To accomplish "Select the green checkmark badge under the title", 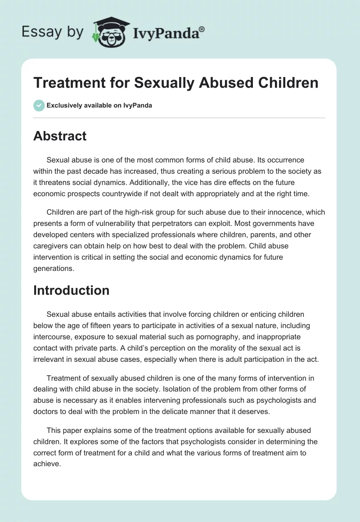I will click(39, 106).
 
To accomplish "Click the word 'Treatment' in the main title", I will click(69, 83).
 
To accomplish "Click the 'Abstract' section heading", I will click(60, 136).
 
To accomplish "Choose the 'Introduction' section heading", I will click(71, 290).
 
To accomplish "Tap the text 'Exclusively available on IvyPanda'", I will click(99, 106).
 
